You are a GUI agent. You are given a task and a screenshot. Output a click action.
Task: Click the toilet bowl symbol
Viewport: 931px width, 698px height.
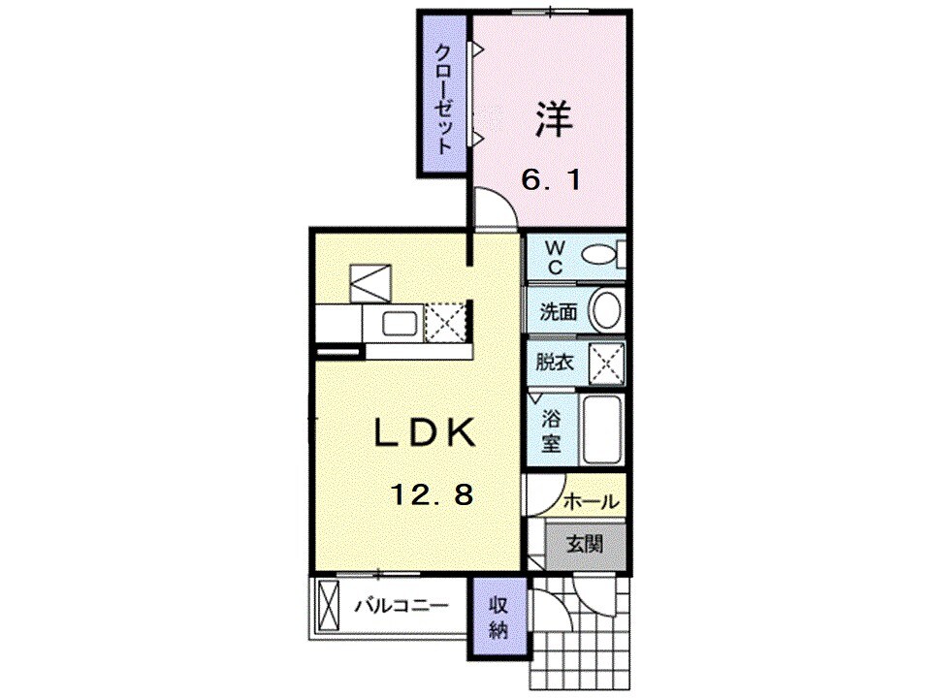click(x=599, y=255)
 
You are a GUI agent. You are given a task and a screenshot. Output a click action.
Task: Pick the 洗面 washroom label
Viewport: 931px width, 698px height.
click(x=559, y=312)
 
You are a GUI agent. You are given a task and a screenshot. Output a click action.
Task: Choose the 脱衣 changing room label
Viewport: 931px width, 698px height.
click(x=557, y=364)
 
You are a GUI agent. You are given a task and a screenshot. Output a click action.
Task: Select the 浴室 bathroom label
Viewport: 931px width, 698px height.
click(x=552, y=432)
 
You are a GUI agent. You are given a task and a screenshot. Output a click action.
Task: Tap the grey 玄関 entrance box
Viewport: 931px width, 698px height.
click(x=585, y=544)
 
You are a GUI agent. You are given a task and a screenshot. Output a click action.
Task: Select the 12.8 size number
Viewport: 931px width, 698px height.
click(x=432, y=495)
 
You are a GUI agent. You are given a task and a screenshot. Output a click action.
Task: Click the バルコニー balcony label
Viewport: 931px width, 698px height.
click(x=401, y=607)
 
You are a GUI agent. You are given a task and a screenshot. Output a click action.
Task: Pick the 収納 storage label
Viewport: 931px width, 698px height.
click(x=498, y=617)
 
